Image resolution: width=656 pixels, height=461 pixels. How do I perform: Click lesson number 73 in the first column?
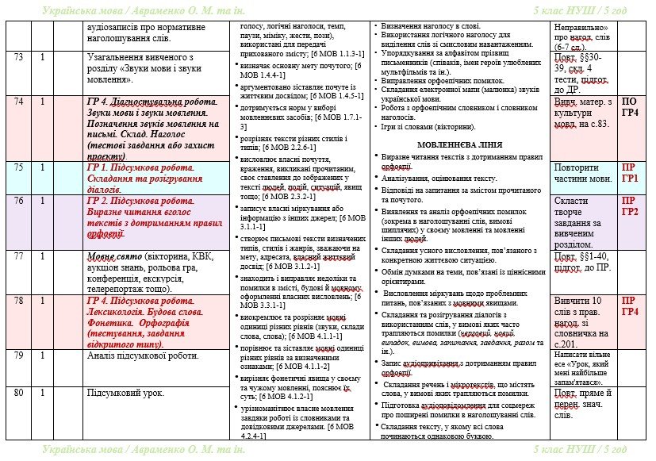19,58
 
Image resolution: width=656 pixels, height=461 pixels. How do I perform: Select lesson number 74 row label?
19,102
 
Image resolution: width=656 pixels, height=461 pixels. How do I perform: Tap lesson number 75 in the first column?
19,167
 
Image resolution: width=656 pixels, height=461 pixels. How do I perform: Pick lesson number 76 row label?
19,201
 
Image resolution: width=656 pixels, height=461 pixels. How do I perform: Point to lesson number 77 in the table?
19,256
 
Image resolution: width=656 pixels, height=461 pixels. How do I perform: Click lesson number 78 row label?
19,302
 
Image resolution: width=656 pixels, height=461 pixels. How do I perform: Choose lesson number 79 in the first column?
19,355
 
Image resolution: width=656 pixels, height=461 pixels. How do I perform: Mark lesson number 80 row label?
19,393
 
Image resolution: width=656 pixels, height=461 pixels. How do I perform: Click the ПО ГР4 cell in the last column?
630,107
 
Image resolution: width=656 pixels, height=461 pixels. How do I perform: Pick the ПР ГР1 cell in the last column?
630,173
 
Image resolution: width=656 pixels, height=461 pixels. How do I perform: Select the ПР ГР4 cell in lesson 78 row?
630,306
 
